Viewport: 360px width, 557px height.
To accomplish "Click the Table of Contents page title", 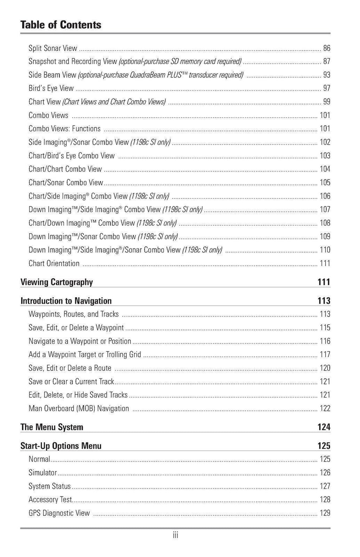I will click(x=60, y=25).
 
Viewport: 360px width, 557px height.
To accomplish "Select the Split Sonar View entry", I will click(x=53, y=48).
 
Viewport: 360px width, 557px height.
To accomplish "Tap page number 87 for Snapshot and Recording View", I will click(x=327, y=62).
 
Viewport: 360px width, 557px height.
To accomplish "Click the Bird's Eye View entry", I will click(x=51, y=88).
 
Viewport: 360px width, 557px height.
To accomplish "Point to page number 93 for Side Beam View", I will click(x=327, y=75).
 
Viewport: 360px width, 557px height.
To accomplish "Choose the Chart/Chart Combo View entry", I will click(x=65, y=169).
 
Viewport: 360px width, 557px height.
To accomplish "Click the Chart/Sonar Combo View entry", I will click(x=66, y=183).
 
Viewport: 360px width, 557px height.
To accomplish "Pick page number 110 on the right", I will click(x=325, y=250).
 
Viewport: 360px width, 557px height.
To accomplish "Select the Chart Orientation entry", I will click(x=54, y=264).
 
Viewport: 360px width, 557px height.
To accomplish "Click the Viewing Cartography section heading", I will click(x=57, y=282).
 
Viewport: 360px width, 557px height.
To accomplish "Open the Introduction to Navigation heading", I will click(x=66, y=301).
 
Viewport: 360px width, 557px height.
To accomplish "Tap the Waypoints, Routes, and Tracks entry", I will click(x=73, y=314).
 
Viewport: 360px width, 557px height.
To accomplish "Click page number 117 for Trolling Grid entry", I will click(x=325, y=355).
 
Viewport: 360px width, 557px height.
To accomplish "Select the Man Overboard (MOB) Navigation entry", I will click(x=79, y=409).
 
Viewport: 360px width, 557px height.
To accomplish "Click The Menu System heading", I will click(x=52, y=427).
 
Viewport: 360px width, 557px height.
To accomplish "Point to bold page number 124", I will click(x=324, y=427).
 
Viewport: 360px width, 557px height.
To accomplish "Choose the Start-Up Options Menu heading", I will click(x=61, y=446).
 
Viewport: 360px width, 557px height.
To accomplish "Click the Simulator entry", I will click(x=43, y=473).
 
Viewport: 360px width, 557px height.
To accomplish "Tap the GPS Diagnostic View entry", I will click(x=59, y=513).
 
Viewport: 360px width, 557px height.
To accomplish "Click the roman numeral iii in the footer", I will click(x=175, y=536).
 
